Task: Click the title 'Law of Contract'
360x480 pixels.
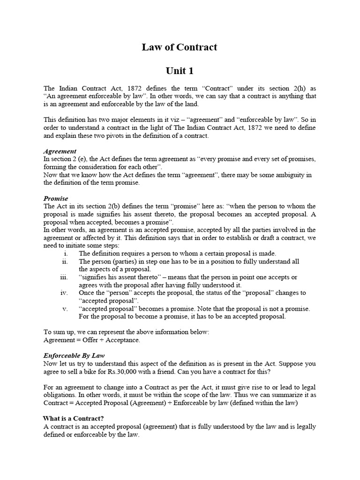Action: [x=180, y=47]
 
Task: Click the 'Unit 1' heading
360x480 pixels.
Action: [x=180, y=71]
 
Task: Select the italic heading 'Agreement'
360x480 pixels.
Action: [x=60, y=151]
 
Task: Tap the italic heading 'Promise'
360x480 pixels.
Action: [x=56, y=198]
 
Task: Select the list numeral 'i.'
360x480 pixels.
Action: [x=66, y=254]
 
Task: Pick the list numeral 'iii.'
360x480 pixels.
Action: [x=65, y=277]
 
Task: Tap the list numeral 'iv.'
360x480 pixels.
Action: [x=65, y=293]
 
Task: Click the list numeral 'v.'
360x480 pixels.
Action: [x=66, y=308]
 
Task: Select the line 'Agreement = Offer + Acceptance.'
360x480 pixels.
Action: [x=91, y=340]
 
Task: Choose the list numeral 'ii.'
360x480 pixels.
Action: [x=66, y=262]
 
